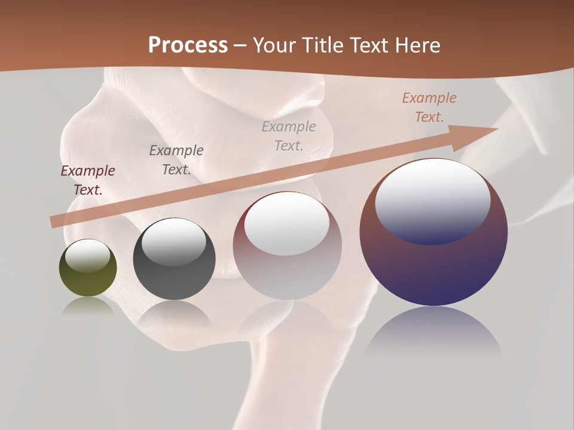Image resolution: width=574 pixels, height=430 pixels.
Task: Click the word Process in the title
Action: [x=188, y=45]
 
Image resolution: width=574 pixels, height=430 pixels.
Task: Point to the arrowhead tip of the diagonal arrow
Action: [x=496, y=129]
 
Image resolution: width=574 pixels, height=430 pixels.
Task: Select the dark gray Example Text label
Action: [x=176, y=160]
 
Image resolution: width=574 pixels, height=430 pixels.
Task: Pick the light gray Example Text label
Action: [x=289, y=136]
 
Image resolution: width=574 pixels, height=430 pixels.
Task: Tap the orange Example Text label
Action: [x=429, y=107]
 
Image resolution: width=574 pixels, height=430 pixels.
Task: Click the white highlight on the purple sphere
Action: [x=433, y=200]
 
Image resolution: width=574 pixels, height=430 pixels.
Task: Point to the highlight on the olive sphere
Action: [x=88, y=256]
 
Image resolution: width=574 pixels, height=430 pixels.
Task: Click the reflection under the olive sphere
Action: [x=88, y=306]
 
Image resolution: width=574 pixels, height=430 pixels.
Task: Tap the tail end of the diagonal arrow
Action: [x=54, y=222]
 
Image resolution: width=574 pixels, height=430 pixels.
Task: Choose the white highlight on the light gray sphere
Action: [x=287, y=223]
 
